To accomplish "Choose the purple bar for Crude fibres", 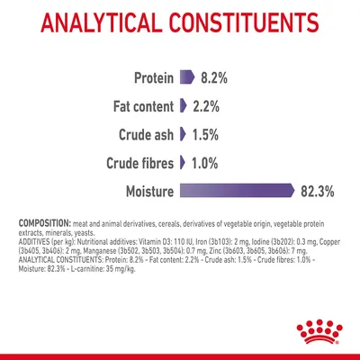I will (x=183, y=162).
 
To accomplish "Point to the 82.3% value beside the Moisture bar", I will (x=325, y=191).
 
